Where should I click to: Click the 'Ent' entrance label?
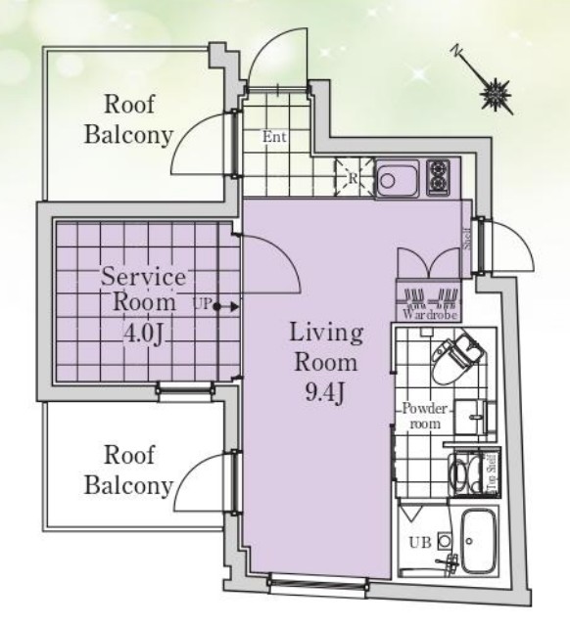tap(274, 137)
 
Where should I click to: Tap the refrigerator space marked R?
tap(353, 178)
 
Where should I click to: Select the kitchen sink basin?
tap(398, 179)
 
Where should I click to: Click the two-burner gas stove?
tap(439, 177)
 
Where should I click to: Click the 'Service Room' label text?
tap(143, 289)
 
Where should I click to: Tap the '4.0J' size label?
tap(143, 336)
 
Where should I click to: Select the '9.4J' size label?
tap(325, 392)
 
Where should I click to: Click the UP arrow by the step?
tap(227, 307)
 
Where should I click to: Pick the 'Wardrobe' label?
tap(430, 315)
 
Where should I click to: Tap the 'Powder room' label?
tap(425, 416)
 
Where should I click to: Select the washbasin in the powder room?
tap(475, 418)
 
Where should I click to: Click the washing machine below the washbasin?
tap(466, 474)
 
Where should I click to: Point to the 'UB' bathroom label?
tap(420, 542)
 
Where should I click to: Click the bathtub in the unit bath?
tap(479, 541)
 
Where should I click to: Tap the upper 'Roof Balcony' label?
tap(128, 119)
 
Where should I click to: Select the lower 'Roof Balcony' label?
tap(128, 470)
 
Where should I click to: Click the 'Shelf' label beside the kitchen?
tap(467, 239)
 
